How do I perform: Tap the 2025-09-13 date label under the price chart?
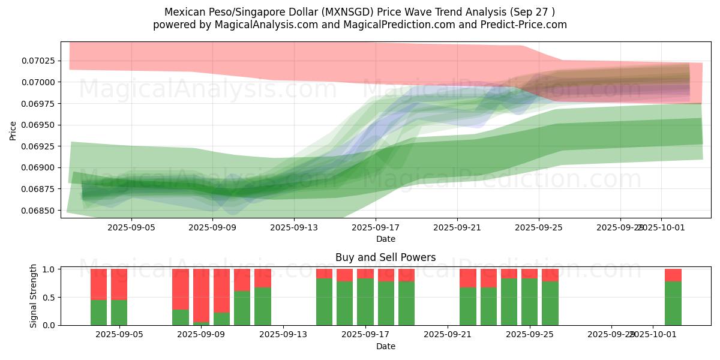click(294, 228)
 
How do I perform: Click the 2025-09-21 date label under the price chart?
click(457, 228)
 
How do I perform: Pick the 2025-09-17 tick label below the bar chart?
click(365, 335)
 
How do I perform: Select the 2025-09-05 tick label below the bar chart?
click(119, 335)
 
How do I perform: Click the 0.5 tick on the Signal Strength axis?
click(49, 297)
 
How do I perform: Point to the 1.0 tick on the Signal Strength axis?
click(49, 269)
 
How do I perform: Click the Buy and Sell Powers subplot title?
click(385, 258)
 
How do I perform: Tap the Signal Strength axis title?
click(34, 296)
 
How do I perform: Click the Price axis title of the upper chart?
click(13, 130)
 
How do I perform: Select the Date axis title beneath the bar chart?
click(385, 346)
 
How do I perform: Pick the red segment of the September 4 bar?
click(99, 284)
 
